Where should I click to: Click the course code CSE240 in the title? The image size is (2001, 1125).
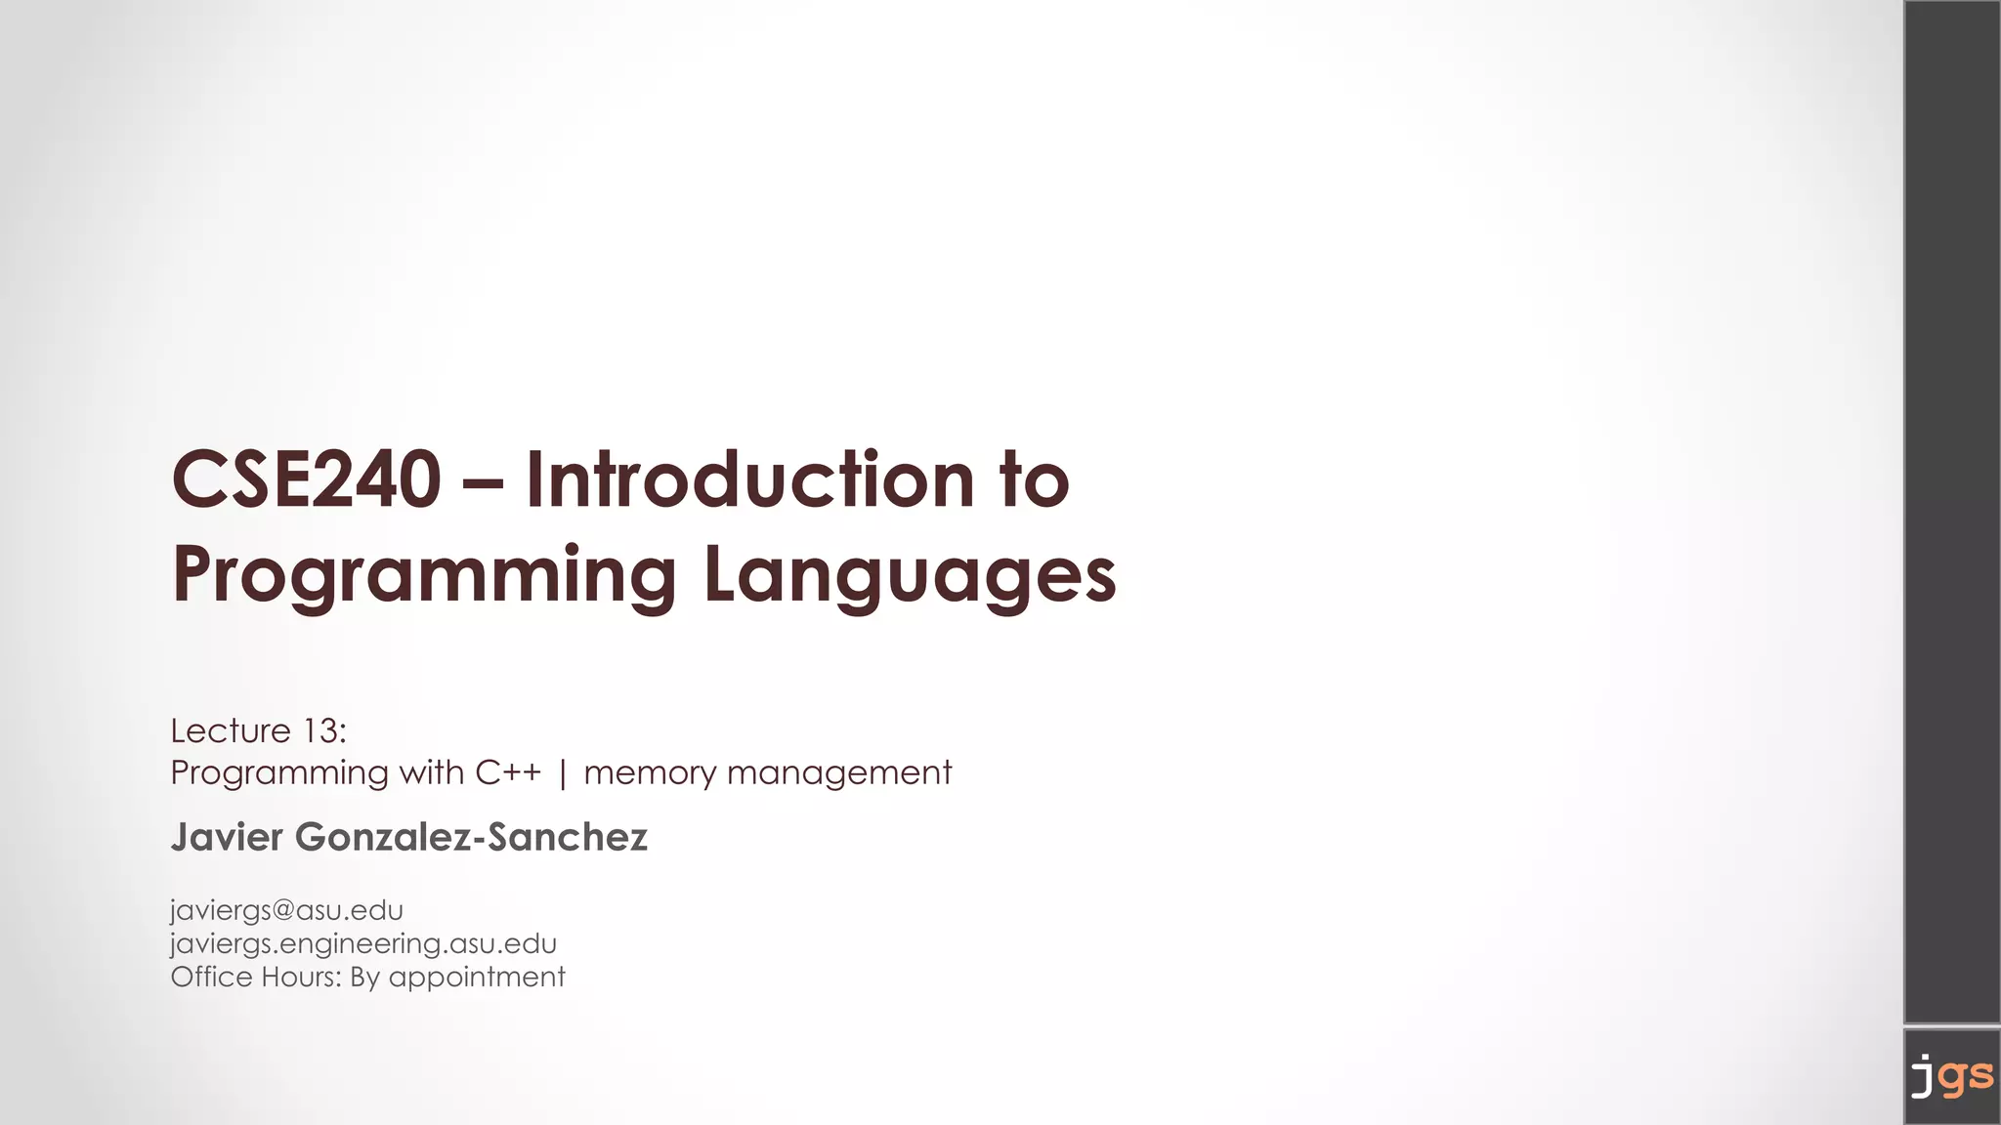pyautogui.click(x=306, y=479)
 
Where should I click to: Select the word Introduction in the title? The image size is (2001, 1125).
pyautogui.click(x=749, y=479)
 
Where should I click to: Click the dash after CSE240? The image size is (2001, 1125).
pyautogui.click(x=484, y=481)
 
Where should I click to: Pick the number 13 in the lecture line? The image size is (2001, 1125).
pyautogui.click(x=320, y=730)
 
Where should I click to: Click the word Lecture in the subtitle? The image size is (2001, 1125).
pyautogui.click(x=231, y=730)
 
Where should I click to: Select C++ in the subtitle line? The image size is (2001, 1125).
pyautogui.click(x=508, y=772)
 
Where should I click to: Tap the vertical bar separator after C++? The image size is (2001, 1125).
pyautogui.click(x=563, y=773)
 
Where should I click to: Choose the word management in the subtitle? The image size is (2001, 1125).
pyautogui.click(x=839, y=773)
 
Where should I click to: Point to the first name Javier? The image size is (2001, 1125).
pyautogui.click(x=227, y=837)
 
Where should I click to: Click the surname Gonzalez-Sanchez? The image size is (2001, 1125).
pyautogui.click(x=471, y=837)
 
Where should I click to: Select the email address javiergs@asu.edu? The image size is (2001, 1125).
pyautogui.click(x=286, y=910)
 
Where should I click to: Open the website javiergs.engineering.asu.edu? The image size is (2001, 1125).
pyautogui.click(x=363, y=943)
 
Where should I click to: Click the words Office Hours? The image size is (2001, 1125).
pyautogui.click(x=255, y=977)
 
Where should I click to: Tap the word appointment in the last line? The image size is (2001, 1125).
pyautogui.click(x=477, y=978)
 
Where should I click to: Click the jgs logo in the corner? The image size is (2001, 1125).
pyautogui.click(x=1951, y=1076)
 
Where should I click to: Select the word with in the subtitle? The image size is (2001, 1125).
pyautogui.click(x=432, y=772)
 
